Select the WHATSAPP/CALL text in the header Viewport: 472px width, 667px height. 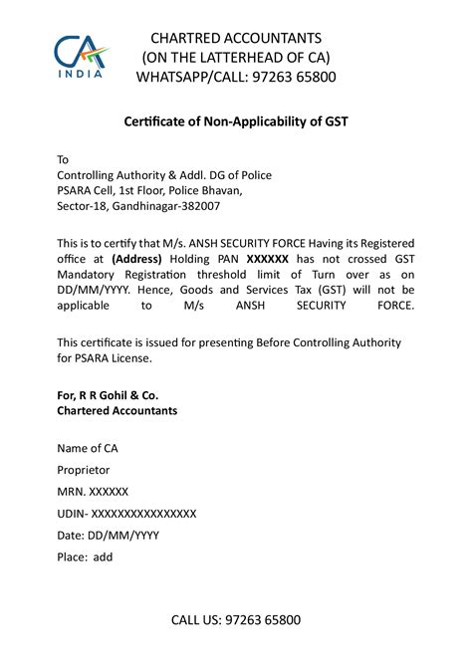click(191, 76)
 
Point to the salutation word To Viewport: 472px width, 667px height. click(63, 159)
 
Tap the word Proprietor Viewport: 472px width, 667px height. click(84, 469)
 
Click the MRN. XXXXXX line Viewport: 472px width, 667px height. click(93, 492)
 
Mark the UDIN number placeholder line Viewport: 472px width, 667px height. click(126, 513)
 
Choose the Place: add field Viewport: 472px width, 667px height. click(85, 556)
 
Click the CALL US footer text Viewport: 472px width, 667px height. click(235, 620)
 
